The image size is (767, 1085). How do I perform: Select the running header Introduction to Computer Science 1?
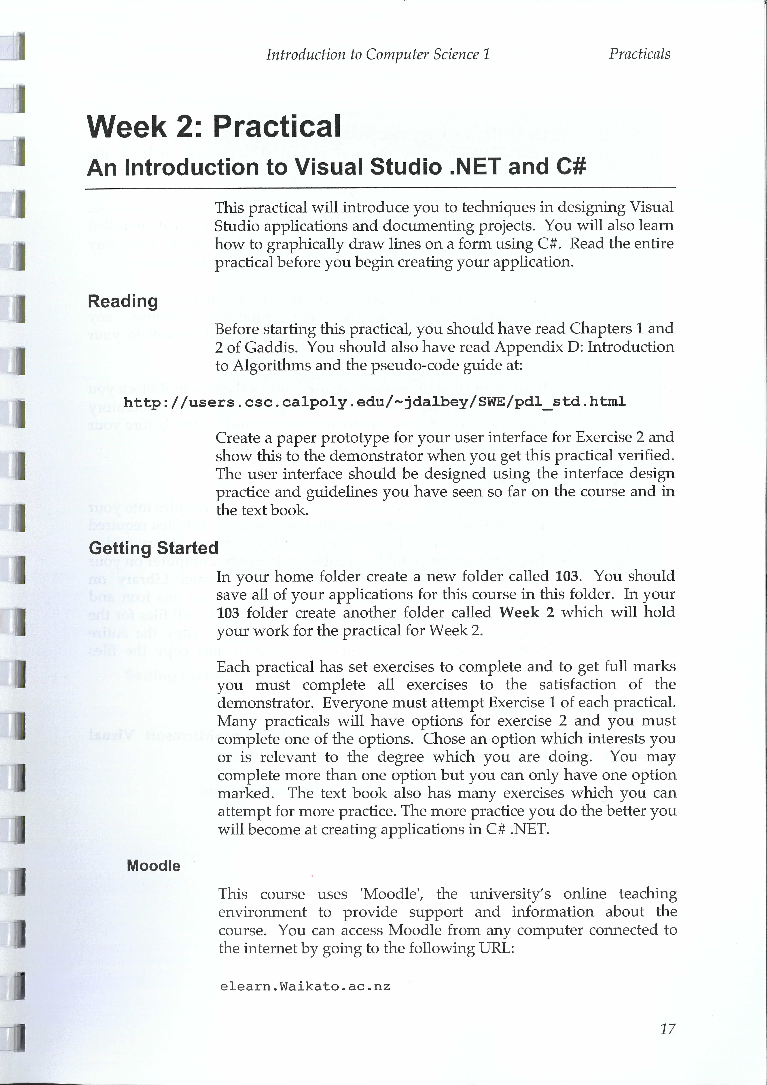(378, 55)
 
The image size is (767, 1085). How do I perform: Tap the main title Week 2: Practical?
(214, 127)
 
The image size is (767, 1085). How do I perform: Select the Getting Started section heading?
(153, 548)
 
